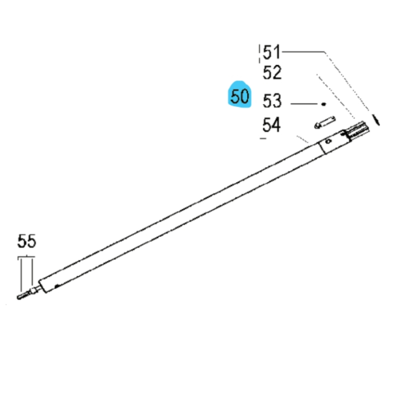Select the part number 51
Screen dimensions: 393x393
[x=271, y=52]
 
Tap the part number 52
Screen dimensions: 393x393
[x=272, y=73]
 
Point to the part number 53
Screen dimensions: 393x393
[x=272, y=101]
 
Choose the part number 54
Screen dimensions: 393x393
[x=271, y=126]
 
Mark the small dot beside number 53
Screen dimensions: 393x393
[x=323, y=103]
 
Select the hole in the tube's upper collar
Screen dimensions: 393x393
[x=329, y=141]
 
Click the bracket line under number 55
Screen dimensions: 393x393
[x=26, y=257]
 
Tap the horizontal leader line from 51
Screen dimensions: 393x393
[x=303, y=52]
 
